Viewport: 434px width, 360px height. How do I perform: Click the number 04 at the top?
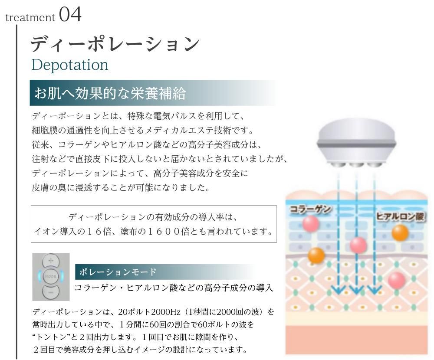click(70, 15)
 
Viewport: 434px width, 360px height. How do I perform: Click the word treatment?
click(30, 18)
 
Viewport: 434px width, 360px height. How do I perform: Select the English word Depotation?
click(70, 65)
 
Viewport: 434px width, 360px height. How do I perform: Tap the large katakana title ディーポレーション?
click(115, 43)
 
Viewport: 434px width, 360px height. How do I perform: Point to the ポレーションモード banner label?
click(118, 272)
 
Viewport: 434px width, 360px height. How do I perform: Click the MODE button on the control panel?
click(51, 276)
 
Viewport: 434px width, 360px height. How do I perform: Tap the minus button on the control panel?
click(51, 291)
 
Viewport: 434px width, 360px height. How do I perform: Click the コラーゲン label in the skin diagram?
click(310, 209)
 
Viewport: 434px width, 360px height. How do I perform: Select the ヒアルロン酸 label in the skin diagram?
click(400, 216)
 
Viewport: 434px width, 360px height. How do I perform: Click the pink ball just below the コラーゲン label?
click(311, 223)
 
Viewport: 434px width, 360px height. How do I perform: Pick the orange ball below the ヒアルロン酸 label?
click(400, 233)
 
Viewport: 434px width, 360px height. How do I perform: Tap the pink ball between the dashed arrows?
click(358, 245)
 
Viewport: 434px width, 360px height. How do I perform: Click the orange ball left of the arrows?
click(316, 255)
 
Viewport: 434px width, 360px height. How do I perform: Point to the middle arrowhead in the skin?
click(356, 289)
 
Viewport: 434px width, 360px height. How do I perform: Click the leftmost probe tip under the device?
click(338, 164)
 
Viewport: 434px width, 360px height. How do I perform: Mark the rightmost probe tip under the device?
click(375, 164)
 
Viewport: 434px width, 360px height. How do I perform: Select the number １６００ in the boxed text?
click(164, 231)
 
